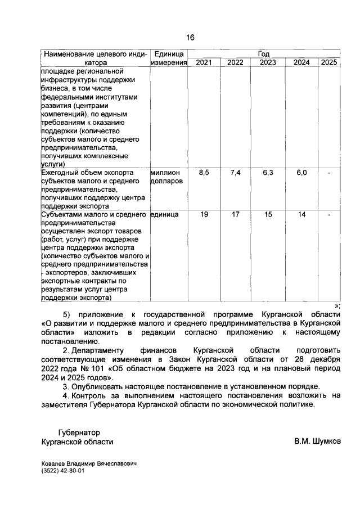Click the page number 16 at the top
(x=190, y=38)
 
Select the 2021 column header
(x=204, y=62)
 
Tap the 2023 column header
(x=268, y=62)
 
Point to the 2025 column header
(x=329, y=62)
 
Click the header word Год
(x=263, y=54)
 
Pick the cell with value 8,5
(x=204, y=173)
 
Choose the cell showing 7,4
(x=235, y=173)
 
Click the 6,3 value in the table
(x=268, y=173)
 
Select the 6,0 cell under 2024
(x=301, y=173)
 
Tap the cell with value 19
(x=204, y=214)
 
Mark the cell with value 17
(x=235, y=214)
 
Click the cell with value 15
(x=268, y=214)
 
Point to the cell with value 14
(x=301, y=214)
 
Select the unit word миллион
(x=165, y=173)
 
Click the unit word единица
(x=164, y=214)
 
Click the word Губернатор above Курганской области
(x=79, y=433)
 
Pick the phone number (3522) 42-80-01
(x=63, y=471)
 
